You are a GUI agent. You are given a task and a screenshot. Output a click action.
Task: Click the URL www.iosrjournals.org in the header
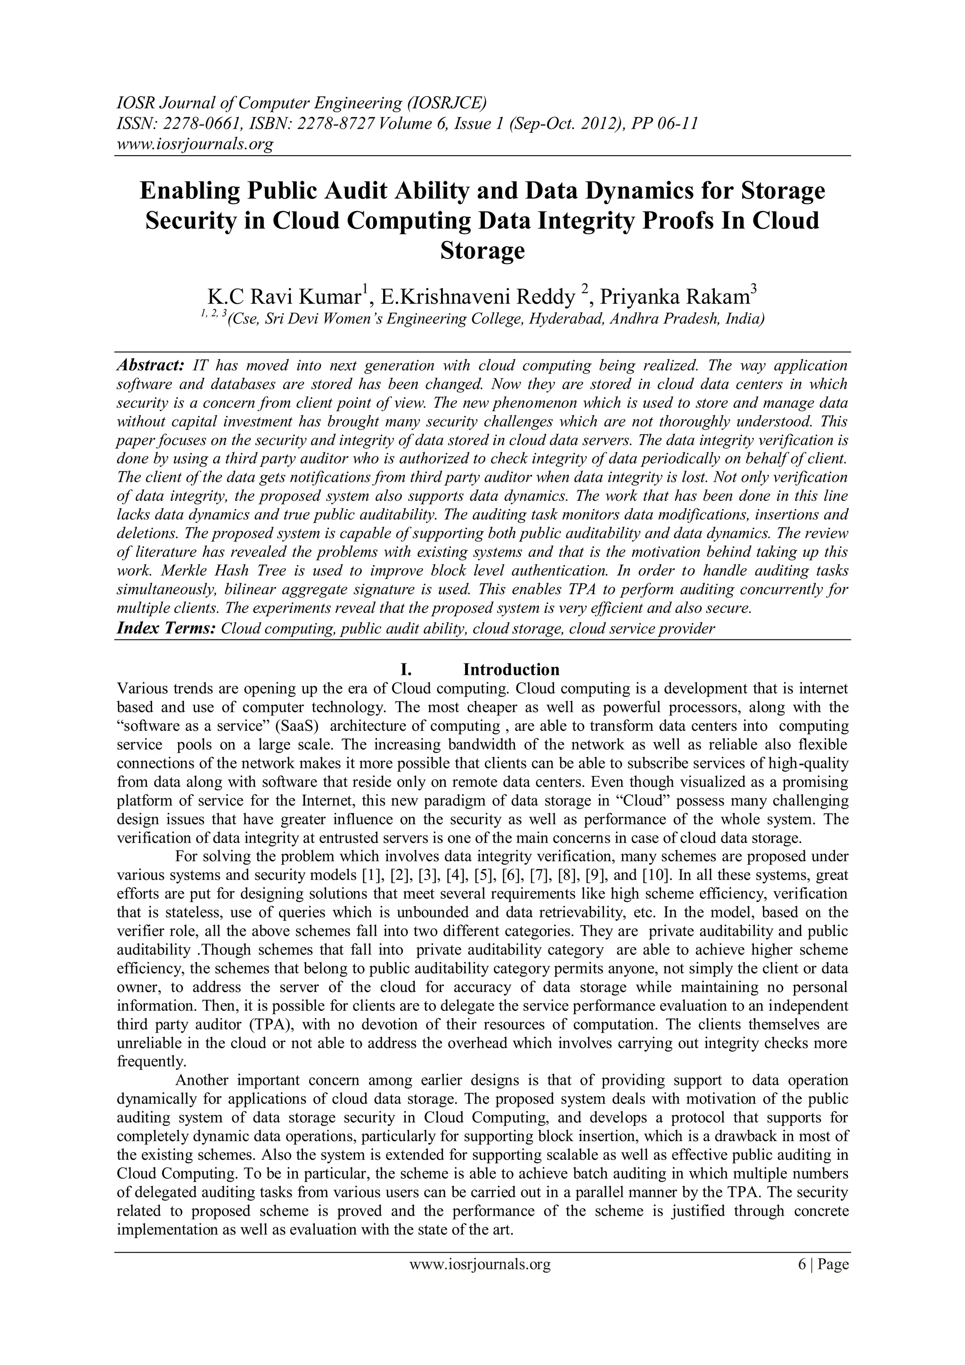(x=194, y=144)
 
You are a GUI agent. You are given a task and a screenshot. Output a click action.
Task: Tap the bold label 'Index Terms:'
(x=166, y=629)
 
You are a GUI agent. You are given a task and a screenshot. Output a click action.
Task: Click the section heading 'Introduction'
(x=511, y=670)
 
